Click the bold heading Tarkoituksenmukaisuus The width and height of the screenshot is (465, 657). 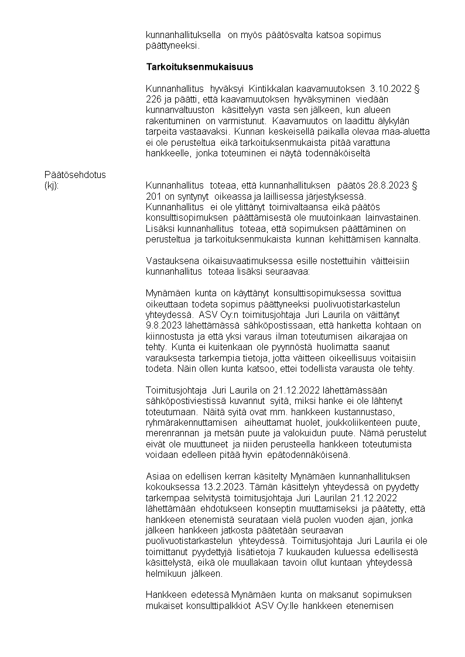191,67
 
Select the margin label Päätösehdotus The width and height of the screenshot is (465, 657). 74,174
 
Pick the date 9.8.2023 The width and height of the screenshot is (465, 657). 166,325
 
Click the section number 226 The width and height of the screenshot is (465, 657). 153,100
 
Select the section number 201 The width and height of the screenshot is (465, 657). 153,196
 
